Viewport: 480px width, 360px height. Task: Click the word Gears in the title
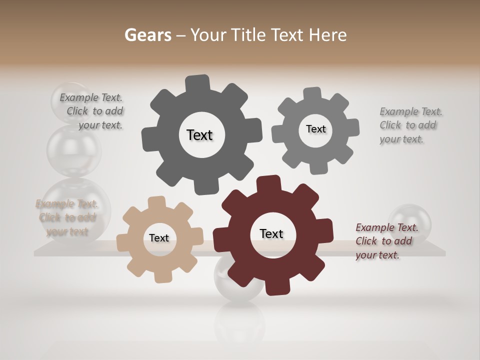pos(147,35)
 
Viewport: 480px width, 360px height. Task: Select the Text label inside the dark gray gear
pos(199,135)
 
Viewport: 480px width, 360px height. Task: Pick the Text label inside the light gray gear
pos(315,129)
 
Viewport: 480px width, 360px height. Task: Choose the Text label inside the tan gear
pos(159,238)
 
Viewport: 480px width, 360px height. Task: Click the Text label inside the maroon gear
pos(271,233)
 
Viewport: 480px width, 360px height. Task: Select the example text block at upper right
pos(410,125)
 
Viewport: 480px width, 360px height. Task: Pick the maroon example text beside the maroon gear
pos(386,241)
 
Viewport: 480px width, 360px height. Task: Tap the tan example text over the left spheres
pos(66,217)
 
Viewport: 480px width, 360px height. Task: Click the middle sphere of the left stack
pos(74,150)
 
